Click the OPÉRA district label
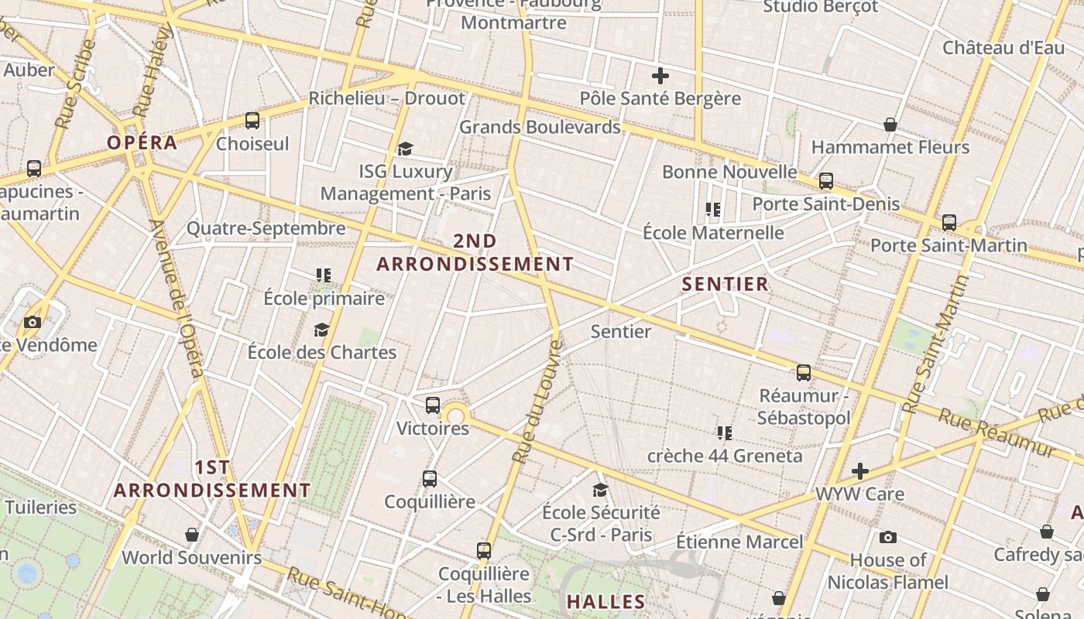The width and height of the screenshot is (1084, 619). pos(142,142)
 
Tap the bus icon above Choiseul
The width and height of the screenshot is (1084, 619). pos(252,121)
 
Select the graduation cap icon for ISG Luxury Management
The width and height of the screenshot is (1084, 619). pos(405,149)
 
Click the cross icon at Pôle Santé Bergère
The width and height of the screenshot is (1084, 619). pos(660,76)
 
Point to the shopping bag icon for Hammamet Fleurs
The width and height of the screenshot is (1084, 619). pos(890,125)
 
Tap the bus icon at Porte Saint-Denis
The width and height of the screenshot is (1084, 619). pos(826,181)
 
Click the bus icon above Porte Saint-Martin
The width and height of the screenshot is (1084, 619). pos(949,223)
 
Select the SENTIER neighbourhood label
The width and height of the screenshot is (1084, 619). pos(725,284)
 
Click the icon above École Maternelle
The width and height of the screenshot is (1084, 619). pos(713,210)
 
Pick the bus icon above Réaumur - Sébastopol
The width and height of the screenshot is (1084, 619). pos(804,373)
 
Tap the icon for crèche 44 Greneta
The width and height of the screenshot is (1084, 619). pos(724,433)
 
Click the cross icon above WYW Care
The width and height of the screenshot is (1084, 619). pos(859,471)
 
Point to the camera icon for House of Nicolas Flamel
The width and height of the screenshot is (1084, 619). pos(888,537)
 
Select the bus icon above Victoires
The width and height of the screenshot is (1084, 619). pos(433,405)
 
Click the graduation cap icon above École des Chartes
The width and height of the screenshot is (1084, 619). pos(321,330)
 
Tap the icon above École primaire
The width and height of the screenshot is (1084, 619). pos(324,275)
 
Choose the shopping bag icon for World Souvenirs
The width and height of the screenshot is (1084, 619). pos(192,535)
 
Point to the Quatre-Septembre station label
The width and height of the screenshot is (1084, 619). pos(266,228)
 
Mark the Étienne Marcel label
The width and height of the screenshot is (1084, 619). pos(739,542)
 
